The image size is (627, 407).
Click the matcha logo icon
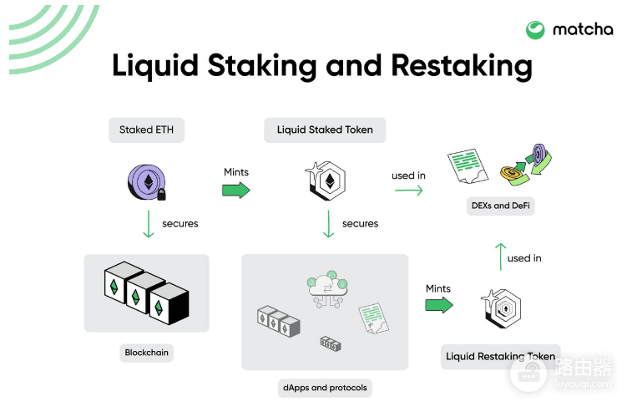click(x=535, y=30)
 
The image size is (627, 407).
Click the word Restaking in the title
click(x=462, y=66)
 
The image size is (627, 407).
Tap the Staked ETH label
click(x=146, y=130)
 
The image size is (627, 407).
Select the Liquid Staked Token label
click(x=325, y=130)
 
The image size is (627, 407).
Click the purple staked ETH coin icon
click(x=146, y=182)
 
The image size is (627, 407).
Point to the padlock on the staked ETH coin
click(x=161, y=195)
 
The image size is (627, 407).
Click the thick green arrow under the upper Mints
click(x=236, y=190)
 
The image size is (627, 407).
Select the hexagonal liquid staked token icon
click(x=326, y=181)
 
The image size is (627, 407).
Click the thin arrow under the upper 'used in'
click(x=408, y=191)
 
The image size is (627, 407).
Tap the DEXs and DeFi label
click(x=501, y=206)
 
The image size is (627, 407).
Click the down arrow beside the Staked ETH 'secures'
click(x=149, y=224)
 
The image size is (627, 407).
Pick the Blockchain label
click(x=146, y=353)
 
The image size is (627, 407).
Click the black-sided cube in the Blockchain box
click(x=169, y=303)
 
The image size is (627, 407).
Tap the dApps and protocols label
click(x=325, y=388)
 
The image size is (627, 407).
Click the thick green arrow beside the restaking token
click(x=439, y=305)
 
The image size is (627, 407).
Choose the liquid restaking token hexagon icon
click(x=502, y=309)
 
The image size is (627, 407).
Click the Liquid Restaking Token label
click(x=501, y=357)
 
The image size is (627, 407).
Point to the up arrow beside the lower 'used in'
click(x=500, y=257)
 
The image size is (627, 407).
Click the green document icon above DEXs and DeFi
click(x=468, y=166)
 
